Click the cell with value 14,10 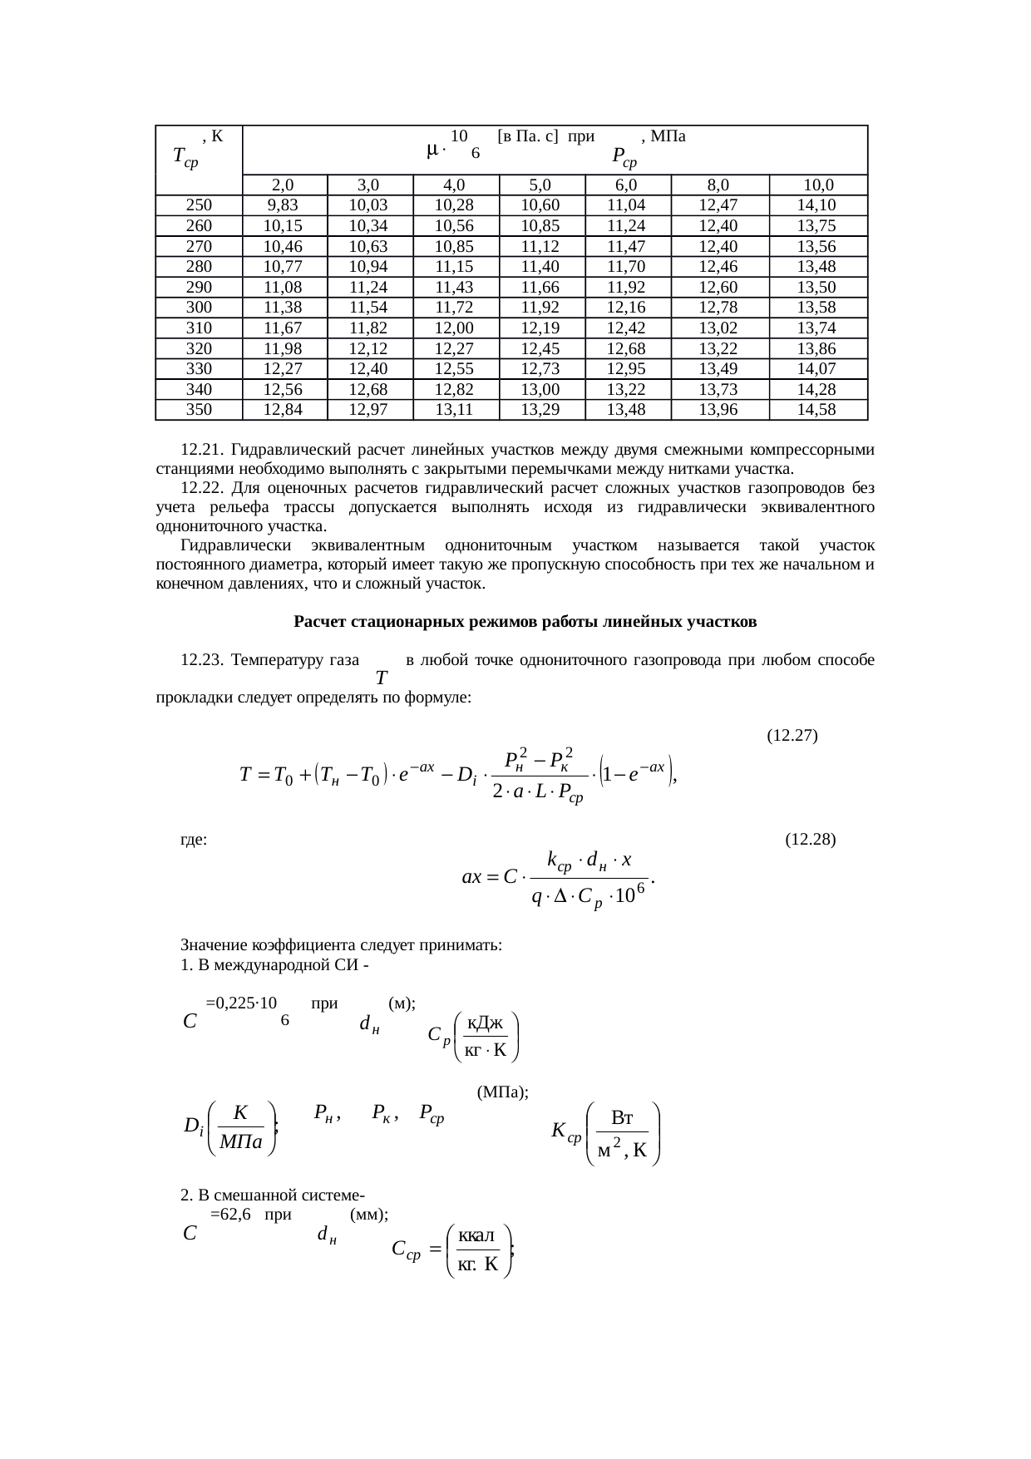click(816, 205)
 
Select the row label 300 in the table click(199, 308)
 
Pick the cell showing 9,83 click(283, 205)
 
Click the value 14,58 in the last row click(816, 409)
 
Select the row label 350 click(199, 409)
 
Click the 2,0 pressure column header click(283, 185)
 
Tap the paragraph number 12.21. click(202, 450)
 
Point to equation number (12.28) click(810, 839)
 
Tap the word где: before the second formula click(194, 840)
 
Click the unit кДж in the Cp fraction click(485, 1023)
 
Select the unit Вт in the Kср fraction click(624, 1117)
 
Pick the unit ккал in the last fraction click(476, 1236)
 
